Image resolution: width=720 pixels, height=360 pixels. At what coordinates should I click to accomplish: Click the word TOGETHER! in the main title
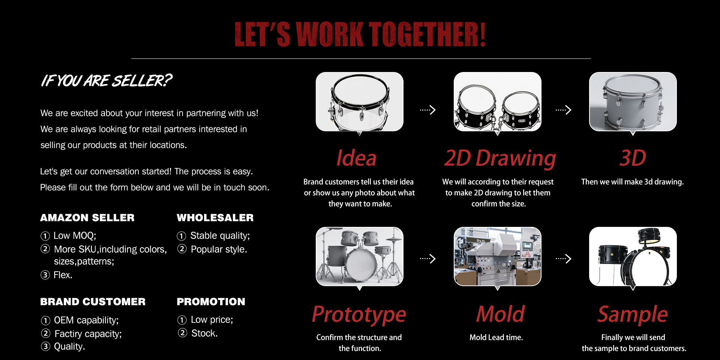427,34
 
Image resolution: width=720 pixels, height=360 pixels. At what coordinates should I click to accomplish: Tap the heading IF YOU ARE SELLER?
106,81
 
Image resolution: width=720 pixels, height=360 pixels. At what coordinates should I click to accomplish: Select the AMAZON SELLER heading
87,218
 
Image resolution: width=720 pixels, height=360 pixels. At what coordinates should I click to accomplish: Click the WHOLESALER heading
215,218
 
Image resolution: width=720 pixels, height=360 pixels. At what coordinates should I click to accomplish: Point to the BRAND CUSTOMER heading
93,302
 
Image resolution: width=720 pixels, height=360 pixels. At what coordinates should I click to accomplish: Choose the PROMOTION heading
211,302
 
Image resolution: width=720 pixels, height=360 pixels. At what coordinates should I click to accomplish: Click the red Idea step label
356,158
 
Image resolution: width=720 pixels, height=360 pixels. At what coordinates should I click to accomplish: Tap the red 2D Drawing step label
500,158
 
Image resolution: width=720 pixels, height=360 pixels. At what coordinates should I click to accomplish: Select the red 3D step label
633,158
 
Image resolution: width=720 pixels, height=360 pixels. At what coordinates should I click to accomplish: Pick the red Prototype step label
359,315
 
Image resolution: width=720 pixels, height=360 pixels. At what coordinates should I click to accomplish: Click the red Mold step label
501,314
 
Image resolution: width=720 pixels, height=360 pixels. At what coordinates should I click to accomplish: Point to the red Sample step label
633,315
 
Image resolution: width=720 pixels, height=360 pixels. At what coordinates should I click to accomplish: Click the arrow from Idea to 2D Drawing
428,110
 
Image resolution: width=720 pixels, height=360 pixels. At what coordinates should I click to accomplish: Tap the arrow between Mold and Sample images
564,258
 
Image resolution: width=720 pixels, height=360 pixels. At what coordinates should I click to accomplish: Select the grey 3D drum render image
633,102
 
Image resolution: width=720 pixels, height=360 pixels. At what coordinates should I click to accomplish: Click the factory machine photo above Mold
498,256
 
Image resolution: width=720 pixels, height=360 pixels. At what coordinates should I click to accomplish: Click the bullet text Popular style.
219,249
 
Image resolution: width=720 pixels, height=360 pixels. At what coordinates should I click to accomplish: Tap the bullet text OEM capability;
86,320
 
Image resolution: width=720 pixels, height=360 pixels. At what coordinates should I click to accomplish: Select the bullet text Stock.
204,333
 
